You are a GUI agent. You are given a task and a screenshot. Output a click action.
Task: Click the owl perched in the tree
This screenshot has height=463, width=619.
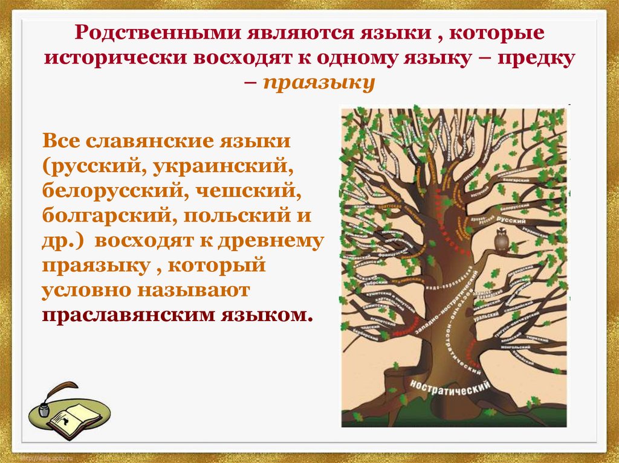click(501, 239)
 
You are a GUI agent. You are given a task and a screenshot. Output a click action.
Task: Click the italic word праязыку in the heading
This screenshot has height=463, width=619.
click(319, 82)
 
